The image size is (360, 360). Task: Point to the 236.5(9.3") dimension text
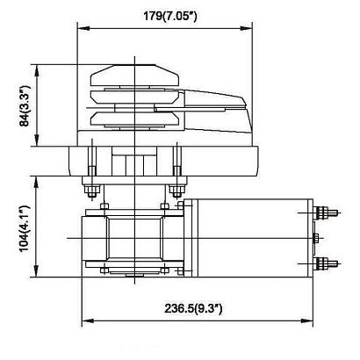click(x=199, y=310)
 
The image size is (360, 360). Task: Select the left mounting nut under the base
click(x=90, y=188)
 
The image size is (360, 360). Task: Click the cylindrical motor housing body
click(x=250, y=237)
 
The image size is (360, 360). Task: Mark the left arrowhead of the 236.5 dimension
click(x=84, y=320)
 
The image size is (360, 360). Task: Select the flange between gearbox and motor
click(x=184, y=237)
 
